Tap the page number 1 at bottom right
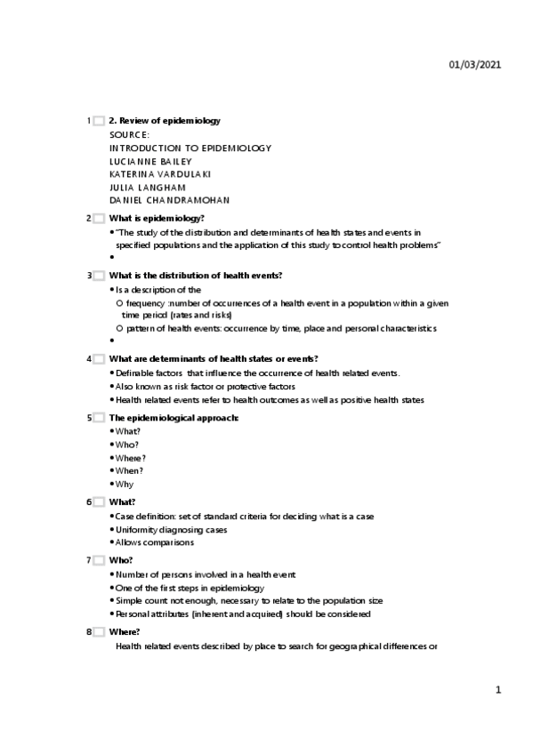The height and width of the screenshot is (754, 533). (x=498, y=690)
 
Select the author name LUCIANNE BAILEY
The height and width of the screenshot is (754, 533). (x=150, y=161)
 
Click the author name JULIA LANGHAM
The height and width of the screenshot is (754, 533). (x=147, y=188)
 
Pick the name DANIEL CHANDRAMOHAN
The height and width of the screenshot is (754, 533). (x=169, y=201)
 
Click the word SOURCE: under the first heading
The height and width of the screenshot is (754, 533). (x=130, y=134)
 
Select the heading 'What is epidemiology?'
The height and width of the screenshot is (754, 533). (x=157, y=218)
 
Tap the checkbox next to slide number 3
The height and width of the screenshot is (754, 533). (x=99, y=276)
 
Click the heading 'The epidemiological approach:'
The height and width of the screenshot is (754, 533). (x=174, y=417)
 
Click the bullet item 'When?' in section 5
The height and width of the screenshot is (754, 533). (x=130, y=470)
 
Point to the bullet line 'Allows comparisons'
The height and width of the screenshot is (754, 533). (x=155, y=541)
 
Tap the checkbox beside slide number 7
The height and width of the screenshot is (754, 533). (x=99, y=561)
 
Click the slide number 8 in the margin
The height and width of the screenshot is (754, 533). (x=89, y=631)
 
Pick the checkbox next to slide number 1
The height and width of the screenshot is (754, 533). (x=99, y=121)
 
